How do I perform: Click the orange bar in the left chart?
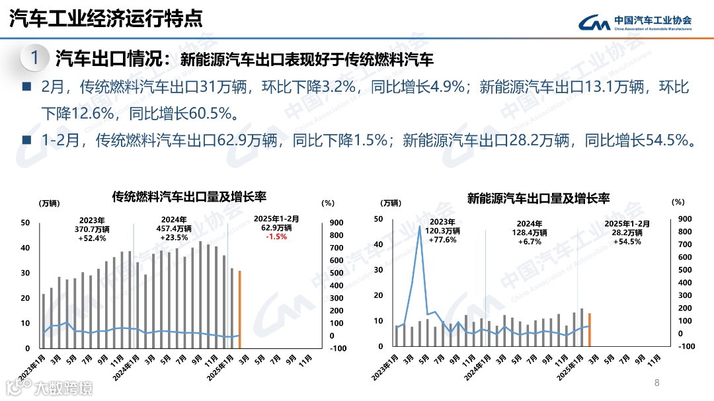coord(239,309)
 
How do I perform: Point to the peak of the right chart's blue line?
coord(419,227)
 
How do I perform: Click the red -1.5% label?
coord(276,237)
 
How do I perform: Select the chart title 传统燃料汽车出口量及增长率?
coord(189,197)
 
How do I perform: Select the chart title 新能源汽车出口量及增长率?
coord(538,198)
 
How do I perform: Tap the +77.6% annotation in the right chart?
coord(443,240)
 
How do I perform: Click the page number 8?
coord(656,383)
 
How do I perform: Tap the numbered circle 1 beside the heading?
coord(35,58)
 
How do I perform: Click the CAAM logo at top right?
coord(635,22)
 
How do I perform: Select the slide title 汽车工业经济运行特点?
coord(106,19)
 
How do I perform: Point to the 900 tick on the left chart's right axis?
coord(335,223)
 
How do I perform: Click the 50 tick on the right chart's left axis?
coord(378,219)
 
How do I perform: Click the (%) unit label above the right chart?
coord(678,202)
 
